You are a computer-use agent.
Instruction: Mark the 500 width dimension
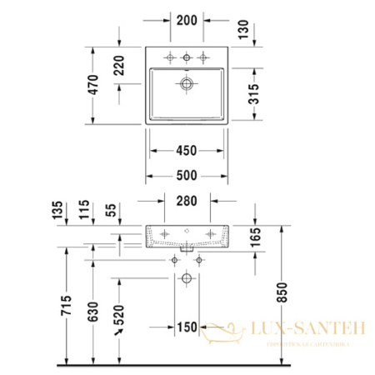[187, 176]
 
